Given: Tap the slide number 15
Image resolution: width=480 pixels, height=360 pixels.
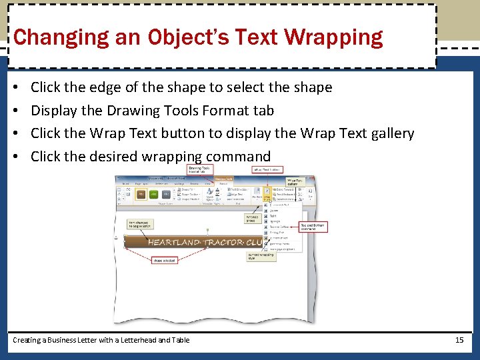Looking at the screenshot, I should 459,340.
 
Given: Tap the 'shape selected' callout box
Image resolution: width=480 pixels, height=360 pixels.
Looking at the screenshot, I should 164,260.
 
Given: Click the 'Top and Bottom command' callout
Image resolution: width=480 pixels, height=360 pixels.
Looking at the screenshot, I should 313,227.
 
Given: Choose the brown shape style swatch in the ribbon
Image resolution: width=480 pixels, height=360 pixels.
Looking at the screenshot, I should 141,194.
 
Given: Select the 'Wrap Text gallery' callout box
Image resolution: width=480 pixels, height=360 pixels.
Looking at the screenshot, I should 294,181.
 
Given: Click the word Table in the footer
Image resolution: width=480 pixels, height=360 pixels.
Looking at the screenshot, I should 180,340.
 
